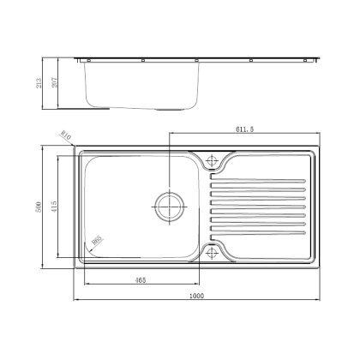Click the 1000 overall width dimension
(x=196, y=297)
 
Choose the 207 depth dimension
(x=63, y=83)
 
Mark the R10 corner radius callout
(x=65, y=136)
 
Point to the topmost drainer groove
(x=255, y=181)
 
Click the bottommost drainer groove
(x=255, y=231)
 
